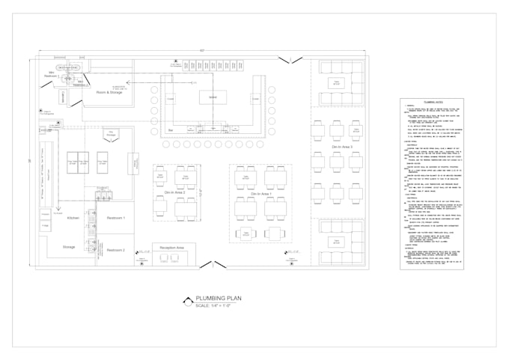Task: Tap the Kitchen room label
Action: tap(73, 218)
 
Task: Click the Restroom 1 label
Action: tap(115, 218)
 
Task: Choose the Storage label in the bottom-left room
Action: tap(69, 246)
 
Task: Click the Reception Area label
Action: tap(173, 245)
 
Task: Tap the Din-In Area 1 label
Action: tap(261, 194)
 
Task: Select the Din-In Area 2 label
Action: tap(175, 192)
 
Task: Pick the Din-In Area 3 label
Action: tap(342, 147)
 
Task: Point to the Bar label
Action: tap(171, 129)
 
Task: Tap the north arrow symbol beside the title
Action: tap(187, 301)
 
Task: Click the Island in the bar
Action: tap(213, 98)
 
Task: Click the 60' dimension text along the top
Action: tap(202, 50)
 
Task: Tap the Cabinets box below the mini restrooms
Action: tap(64, 96)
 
